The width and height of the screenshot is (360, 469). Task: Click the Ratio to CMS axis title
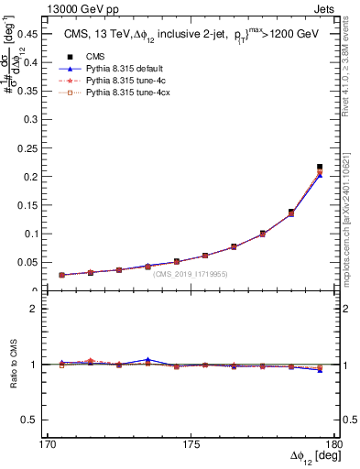click(x=15, y=365)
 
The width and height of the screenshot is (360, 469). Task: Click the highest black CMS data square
click(x=320, y=167)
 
